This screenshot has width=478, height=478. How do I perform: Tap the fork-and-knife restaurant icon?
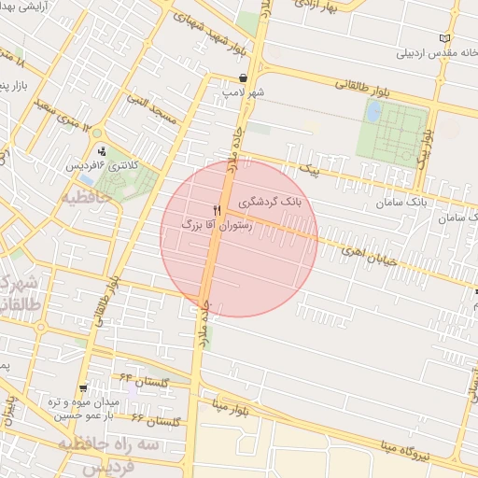point(218,210)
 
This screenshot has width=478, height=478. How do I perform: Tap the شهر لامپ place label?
point(245,92)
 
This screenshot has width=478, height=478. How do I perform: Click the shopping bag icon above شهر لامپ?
point(243,78)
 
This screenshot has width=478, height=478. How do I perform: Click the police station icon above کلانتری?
point(102,150)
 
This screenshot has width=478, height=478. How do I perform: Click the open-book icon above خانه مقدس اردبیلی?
point(443,38)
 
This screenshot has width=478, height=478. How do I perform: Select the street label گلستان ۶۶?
point(155,422)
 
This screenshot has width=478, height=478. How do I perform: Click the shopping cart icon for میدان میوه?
point(85,387)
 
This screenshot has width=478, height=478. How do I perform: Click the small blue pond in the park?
point(373,112)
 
